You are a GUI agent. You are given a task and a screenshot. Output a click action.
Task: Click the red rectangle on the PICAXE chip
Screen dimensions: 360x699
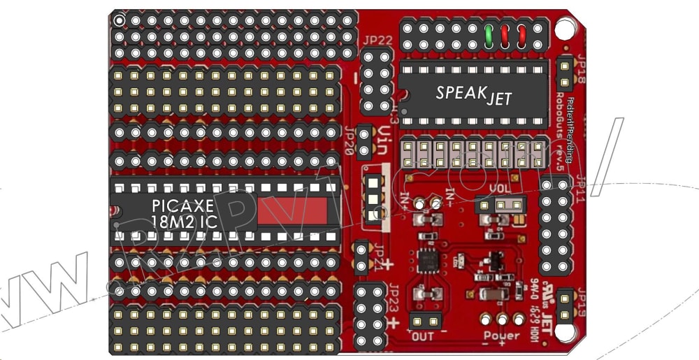pyautogui.click(x=292, y=211)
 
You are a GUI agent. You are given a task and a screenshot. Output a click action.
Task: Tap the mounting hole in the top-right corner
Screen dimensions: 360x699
pyautogui.click(x=563, y=29)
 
